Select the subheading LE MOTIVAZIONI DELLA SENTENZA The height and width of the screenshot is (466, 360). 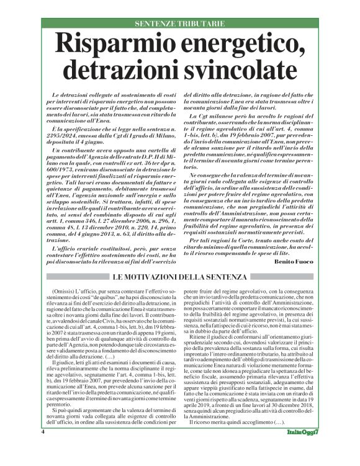[x=179, y=276]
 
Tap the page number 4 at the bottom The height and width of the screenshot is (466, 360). [x=43, y=448]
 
